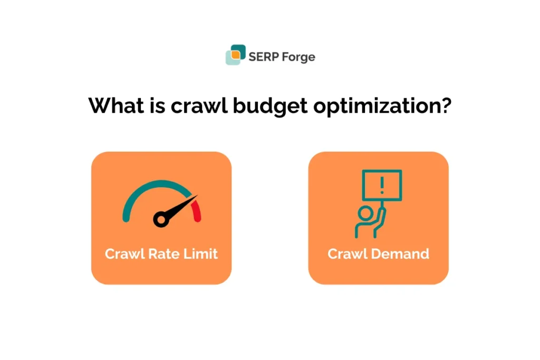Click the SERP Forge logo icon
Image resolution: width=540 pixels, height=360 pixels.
point(236,55)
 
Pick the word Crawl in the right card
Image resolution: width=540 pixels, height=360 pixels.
point(345,254)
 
